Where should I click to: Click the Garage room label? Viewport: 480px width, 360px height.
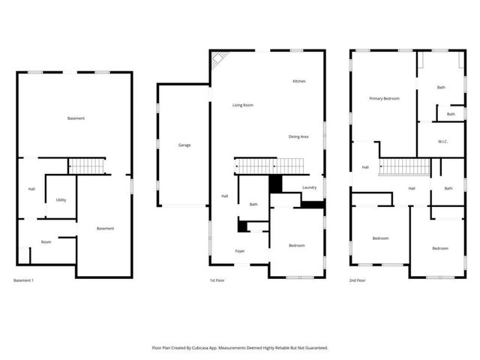click(184, 145)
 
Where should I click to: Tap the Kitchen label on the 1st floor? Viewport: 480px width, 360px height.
click(298, 81)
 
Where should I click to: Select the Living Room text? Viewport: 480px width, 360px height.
click(242, 105)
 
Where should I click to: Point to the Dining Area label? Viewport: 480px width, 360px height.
click(298, 136)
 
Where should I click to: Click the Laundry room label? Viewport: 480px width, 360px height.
click(310, 187)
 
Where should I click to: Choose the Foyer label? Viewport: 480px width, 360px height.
click(240, 250)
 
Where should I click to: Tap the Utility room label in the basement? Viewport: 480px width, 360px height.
click(61, 199)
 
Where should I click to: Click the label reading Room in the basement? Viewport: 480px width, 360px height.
click(46, 241)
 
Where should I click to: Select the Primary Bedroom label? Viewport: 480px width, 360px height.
click(383, 98)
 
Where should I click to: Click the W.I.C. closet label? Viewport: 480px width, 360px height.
click(442, 142)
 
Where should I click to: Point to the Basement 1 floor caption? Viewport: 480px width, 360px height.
click(23, 280)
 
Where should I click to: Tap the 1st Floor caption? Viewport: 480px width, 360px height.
click(218, 280)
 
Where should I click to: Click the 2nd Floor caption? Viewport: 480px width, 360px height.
click(357, 280)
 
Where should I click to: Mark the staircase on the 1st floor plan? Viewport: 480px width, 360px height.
click(269, 165)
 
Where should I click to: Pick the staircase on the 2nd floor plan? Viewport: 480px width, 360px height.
click(403, 166)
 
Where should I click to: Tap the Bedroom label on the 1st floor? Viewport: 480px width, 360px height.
click(297, 245)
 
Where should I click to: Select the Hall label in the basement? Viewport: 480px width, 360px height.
click(31, 188)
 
